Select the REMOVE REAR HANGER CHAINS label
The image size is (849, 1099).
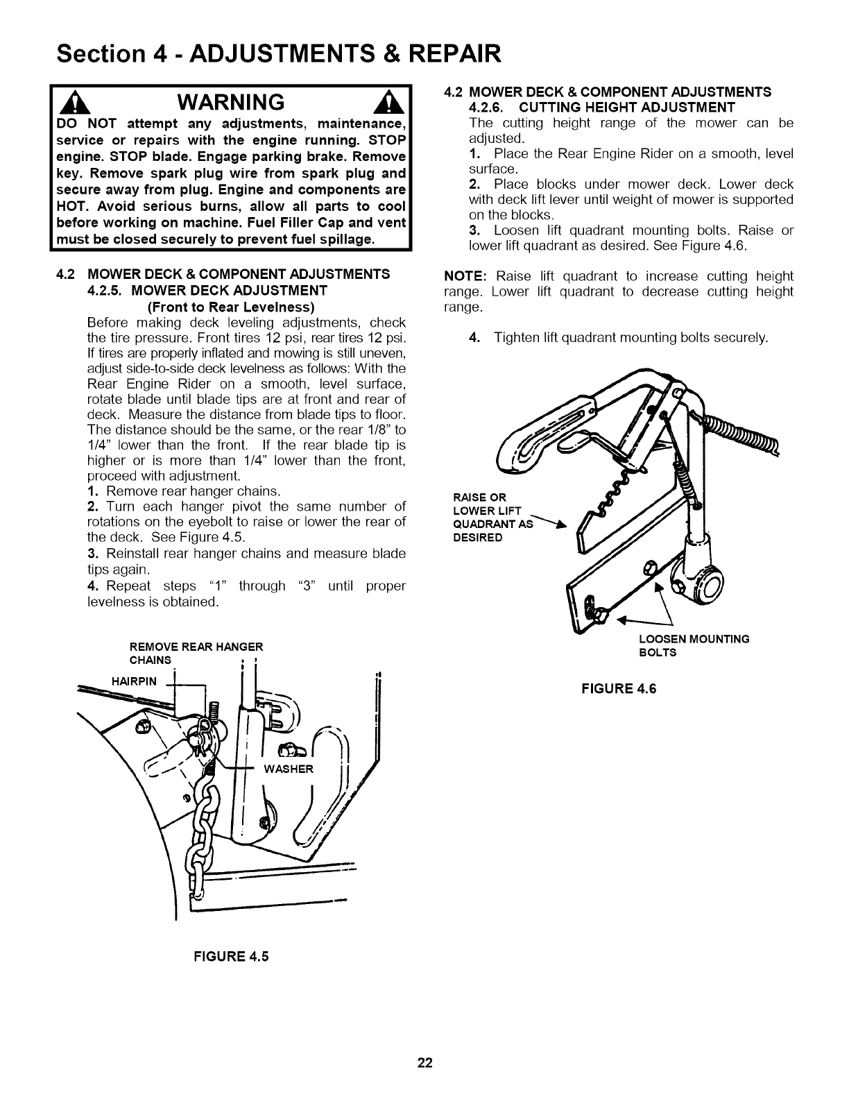tap(196, 653)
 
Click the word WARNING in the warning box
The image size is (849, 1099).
tap(230, 102)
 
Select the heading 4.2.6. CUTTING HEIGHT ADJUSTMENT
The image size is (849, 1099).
tap(602, 107)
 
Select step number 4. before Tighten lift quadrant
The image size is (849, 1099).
tap(474, 337)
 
